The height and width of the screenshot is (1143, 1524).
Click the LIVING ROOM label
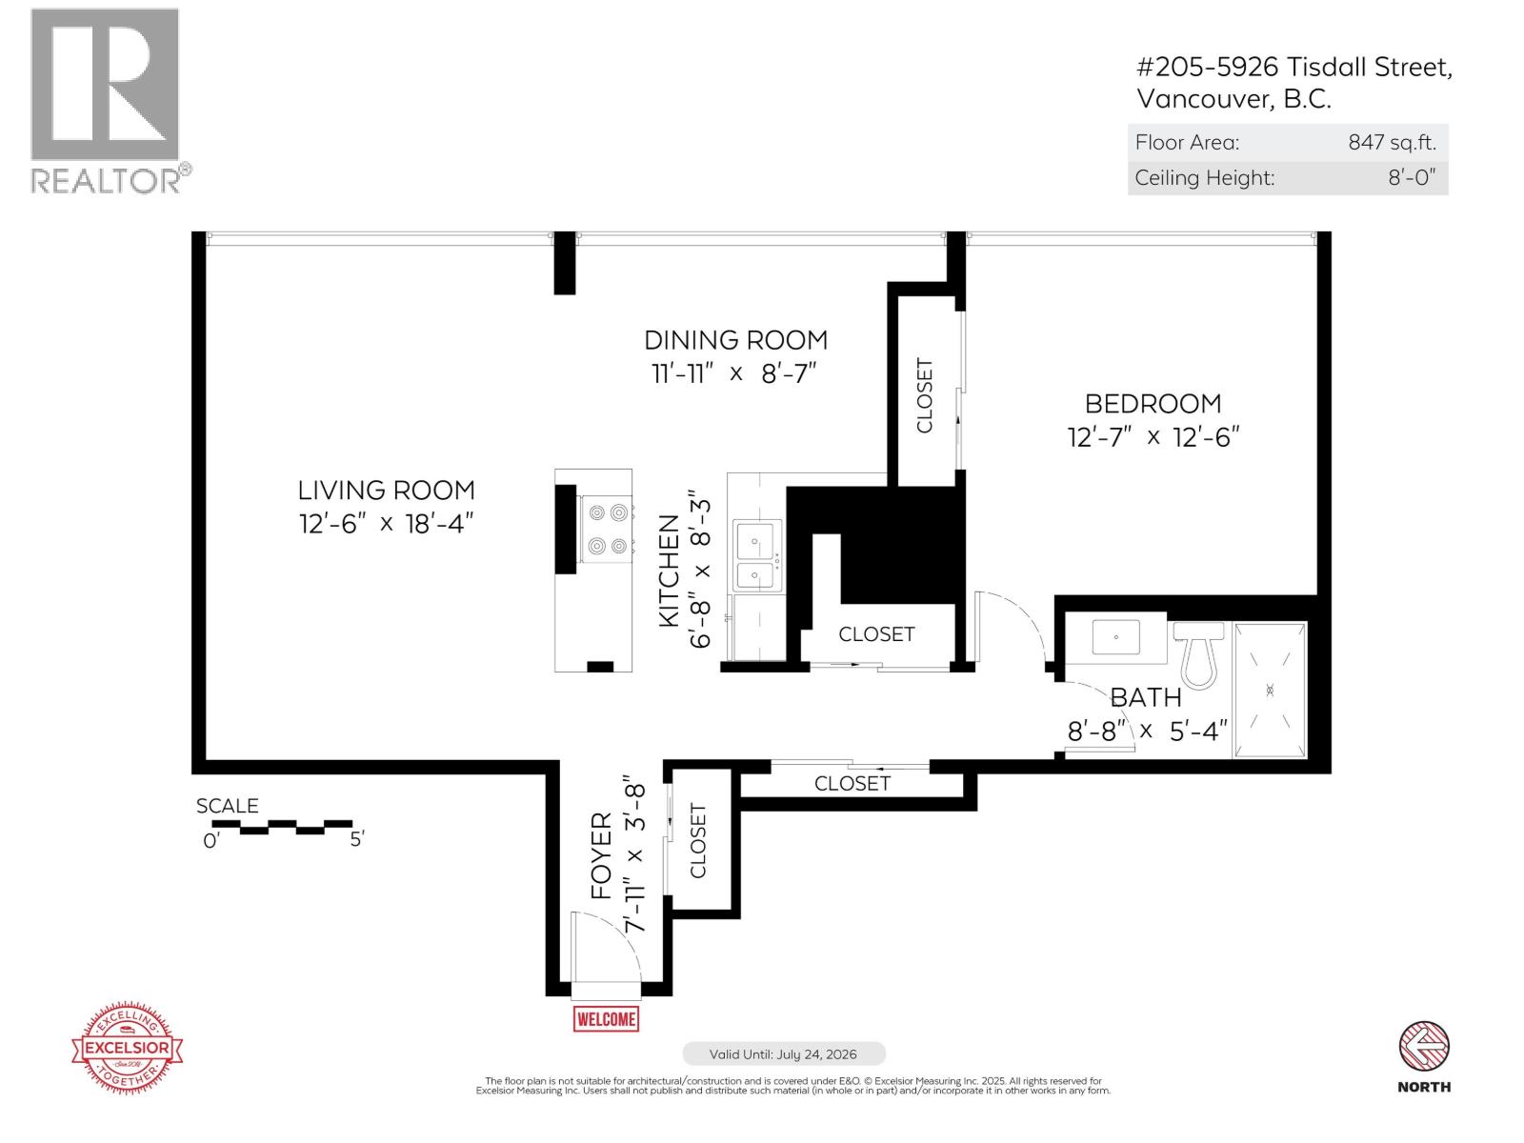pos(386,491)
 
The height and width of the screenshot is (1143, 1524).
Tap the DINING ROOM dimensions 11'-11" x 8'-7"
pos(734,373)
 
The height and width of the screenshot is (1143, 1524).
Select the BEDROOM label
pos(1153,404)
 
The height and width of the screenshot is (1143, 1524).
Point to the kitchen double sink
pos(757,560)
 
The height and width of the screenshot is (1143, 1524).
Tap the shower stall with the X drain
pos(1270,689)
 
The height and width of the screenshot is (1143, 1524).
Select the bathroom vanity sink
pos(1115,637)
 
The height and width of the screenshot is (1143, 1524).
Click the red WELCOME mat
pos(606,1018)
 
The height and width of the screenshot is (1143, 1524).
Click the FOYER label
pos(601,855)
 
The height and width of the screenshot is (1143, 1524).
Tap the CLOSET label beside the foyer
pos(698,840)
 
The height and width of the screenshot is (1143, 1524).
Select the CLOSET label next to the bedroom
pos(924,395)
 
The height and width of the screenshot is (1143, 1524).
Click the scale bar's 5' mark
pos(357,840)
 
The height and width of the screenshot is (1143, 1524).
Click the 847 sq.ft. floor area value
pos(1391,143)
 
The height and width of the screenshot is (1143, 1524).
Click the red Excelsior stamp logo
pos(128,1048)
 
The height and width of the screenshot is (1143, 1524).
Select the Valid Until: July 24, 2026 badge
pos(783,1054)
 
